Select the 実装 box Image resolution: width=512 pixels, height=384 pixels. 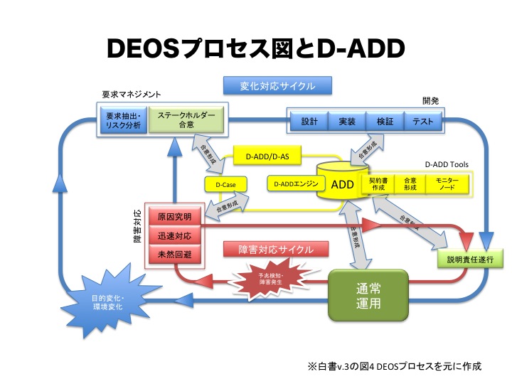tap(347, 122)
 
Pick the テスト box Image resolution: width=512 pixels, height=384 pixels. tap(423, 122)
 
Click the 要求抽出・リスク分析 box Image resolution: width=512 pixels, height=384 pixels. tap(124, 120)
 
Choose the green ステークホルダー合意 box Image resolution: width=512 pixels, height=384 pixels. tap(186, 120)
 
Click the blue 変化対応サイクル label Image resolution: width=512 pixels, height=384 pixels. tap(278, 86)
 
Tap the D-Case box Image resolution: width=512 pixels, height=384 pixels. tap(225, 185)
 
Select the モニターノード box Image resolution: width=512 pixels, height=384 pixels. tap(447, 185)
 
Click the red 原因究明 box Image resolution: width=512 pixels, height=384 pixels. tap(175, 216)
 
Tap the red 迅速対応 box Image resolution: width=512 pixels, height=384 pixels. tap(175, 234)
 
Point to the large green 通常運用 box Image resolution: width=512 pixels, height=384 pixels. tap(371, 295)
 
